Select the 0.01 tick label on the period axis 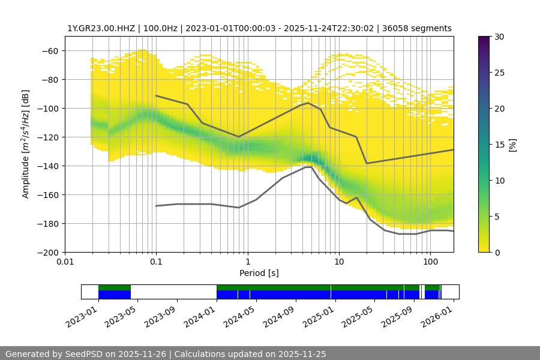pos(65,262)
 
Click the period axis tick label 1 pos(247,262)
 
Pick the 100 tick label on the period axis pos(430,262)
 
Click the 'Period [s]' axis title pos(259,273)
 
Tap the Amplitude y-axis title pos(25,144)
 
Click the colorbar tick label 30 pos(499,37)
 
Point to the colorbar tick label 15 pos(499,145)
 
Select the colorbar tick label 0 pos(497,252)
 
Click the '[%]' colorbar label pos(512,144)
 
